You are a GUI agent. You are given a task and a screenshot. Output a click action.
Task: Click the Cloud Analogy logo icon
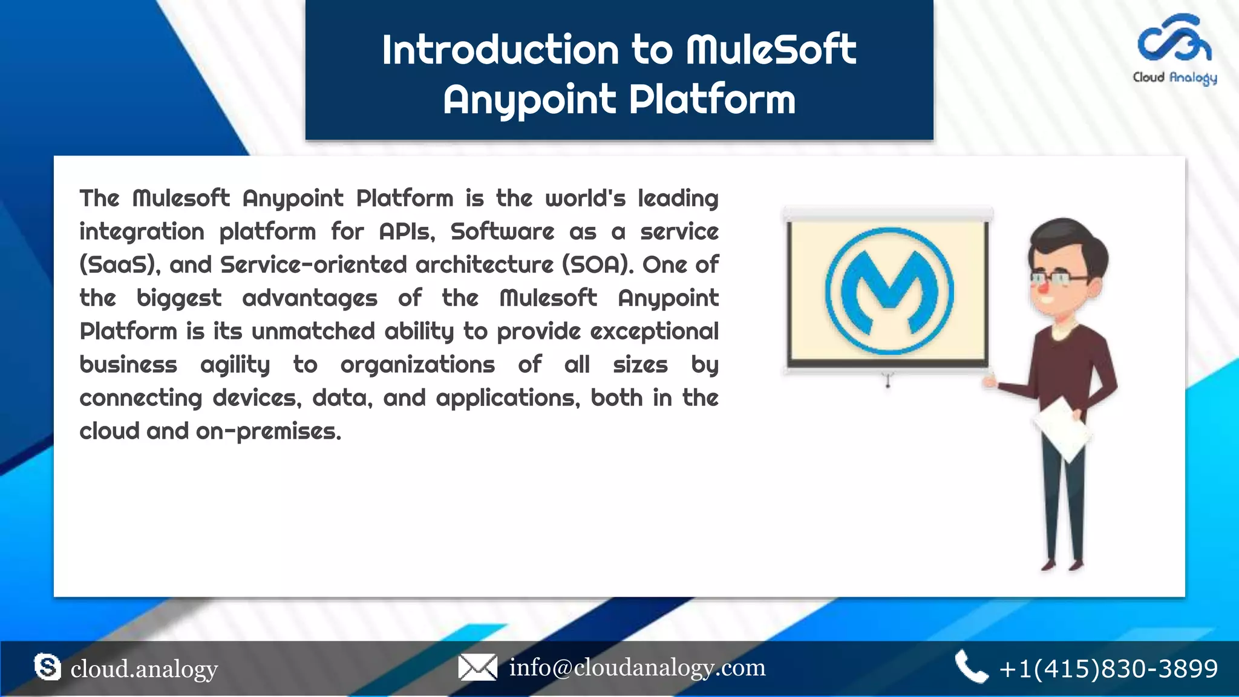pyautogui.click(x=1174, y=39)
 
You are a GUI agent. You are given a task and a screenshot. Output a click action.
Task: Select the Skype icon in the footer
pyautogui.click(x=47, y=667)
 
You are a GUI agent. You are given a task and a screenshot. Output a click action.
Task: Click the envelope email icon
pyautogui.click(x=477, y=667)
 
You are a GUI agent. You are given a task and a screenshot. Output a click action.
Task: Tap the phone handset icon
pyautogui.click(x=970, y=667)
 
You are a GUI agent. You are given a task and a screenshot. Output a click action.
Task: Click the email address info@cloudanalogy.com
pyautogui.click(x=637, y=667)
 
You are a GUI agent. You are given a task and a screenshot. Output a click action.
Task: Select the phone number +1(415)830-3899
pyautogui.click(x=1108, y=669)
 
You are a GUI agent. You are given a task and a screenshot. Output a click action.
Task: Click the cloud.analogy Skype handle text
pyautogui.click(x=144, y=669)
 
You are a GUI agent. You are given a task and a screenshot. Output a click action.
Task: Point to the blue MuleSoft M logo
pyautogui.click(x=889, y=291)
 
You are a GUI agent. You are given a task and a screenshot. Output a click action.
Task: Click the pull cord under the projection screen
pyautogui.click(x=888, y=381)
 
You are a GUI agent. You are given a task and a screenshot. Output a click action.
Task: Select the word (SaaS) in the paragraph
pyautogui.click(x=120, y=265)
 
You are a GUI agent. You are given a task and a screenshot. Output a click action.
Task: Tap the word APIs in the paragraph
pyautogui.click(x=407, y=232)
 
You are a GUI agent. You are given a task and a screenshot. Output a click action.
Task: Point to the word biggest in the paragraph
pyautogui.click(x=178, y=298)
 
